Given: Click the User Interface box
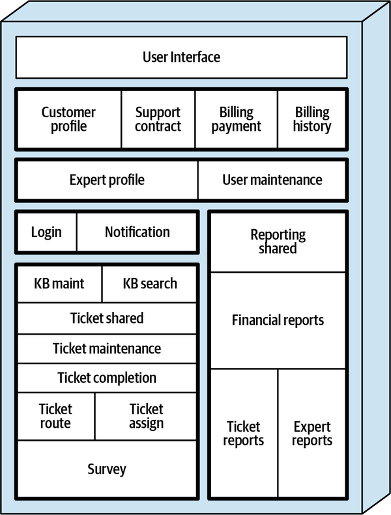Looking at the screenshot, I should [181, 57].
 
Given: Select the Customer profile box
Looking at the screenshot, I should [68, 119].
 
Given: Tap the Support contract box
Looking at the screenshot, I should [158, 119].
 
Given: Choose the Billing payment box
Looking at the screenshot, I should [236, 119].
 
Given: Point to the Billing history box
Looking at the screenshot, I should [311, 119].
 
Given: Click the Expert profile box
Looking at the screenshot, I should [107, 180].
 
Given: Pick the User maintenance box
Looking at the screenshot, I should [272, 180].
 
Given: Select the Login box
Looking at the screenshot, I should [46, 232].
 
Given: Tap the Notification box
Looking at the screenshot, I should [137, 232].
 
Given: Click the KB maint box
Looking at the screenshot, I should [59, 284].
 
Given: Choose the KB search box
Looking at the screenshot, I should [149, 284].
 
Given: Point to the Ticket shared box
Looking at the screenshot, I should [107, 318].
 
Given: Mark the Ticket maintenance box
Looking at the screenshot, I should [107, 348].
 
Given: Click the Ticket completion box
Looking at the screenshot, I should [107, 378].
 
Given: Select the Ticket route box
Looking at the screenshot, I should [55, 416].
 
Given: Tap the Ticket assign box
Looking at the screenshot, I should [146, 416].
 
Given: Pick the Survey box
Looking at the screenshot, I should [107, 469].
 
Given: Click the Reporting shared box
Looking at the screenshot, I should [278, 242].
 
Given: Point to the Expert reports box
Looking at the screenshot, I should [312, 434].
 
